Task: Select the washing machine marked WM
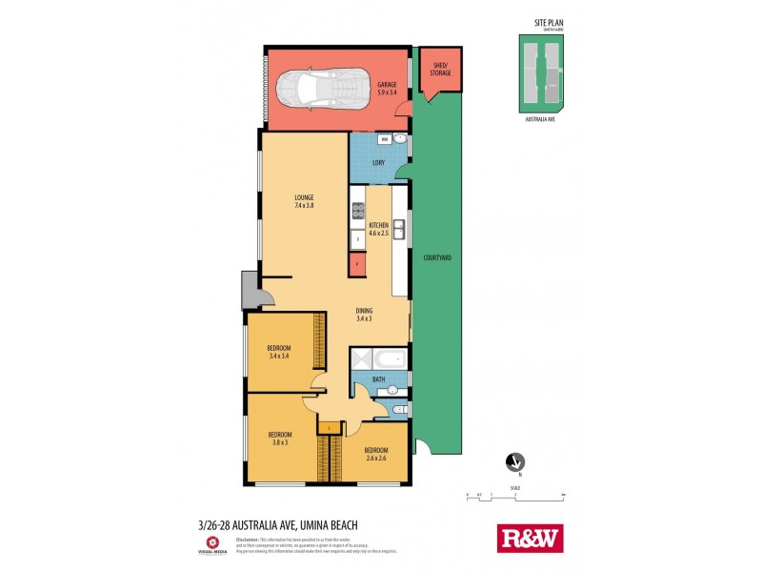coord(384,140)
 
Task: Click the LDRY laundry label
coord(378,163)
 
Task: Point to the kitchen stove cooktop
coord(358,211)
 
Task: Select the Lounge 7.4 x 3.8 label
coord(304,201)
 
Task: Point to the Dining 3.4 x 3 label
coord(364,314)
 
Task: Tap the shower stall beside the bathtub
coord(362,360)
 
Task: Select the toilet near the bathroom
coord(401,411)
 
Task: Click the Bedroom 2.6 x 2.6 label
coord(375,454)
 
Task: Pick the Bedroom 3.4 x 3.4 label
coord(278,350)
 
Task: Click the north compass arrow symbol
coord(515,461)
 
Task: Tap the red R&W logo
coord(531,538)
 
